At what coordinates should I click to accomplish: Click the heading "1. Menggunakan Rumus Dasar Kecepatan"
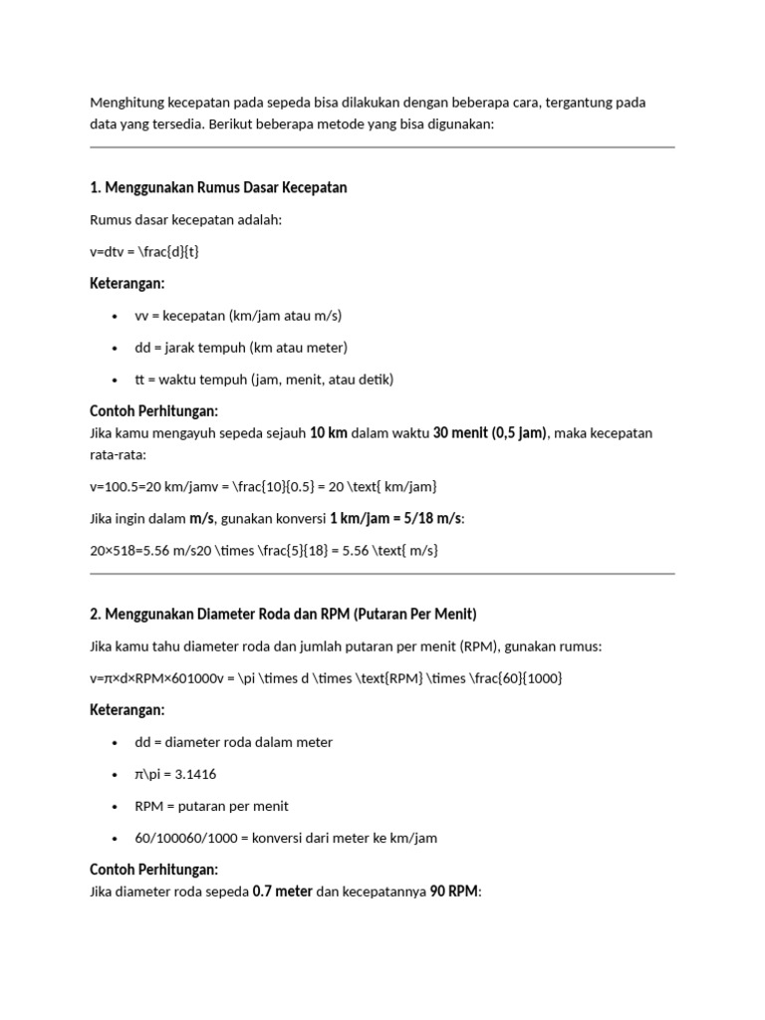pos(218,188)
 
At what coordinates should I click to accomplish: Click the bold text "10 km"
pos(329,433)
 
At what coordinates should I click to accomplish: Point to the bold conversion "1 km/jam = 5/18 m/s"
pos(395,518)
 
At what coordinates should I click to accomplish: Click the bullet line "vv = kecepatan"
pos(238,316)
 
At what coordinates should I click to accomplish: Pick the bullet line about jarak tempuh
pos(241,348)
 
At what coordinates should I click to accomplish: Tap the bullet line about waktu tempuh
pos(264,380)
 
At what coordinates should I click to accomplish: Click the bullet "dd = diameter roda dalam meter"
pos(234,742)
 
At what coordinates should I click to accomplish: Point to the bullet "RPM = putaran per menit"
pos(211,806)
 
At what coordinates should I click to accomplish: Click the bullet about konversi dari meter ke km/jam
pos(286,838)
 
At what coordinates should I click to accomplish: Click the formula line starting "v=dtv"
pos(145,252)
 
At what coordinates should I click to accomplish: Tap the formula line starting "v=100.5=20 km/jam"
pos(263,486)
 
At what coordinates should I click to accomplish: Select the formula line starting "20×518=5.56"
pos(264,550)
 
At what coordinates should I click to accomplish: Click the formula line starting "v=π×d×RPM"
pos(326,678)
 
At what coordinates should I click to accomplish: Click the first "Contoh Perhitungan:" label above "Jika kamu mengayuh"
pos(153,411)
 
